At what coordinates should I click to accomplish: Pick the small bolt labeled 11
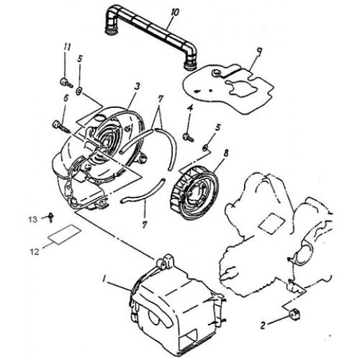click(64, 79)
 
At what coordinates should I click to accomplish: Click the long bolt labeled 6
click(61, 126)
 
